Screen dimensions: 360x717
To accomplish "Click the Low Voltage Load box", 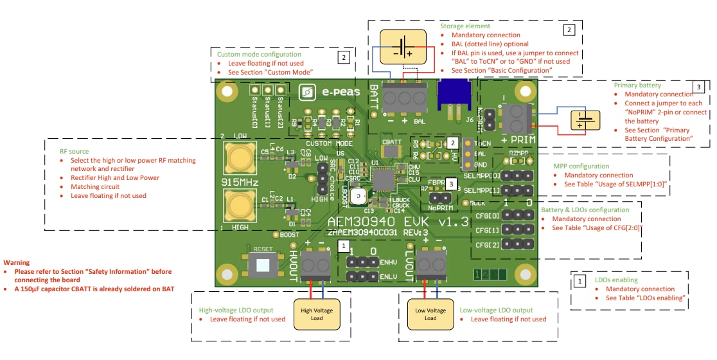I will (430, 314).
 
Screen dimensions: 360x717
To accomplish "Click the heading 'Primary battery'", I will (637, 85).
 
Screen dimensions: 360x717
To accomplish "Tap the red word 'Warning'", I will (17, 262).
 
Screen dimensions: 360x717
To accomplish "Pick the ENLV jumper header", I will (363, 276).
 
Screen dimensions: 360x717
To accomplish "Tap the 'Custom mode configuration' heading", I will (259, 55).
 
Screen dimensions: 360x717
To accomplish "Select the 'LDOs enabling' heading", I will (616, 280).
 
